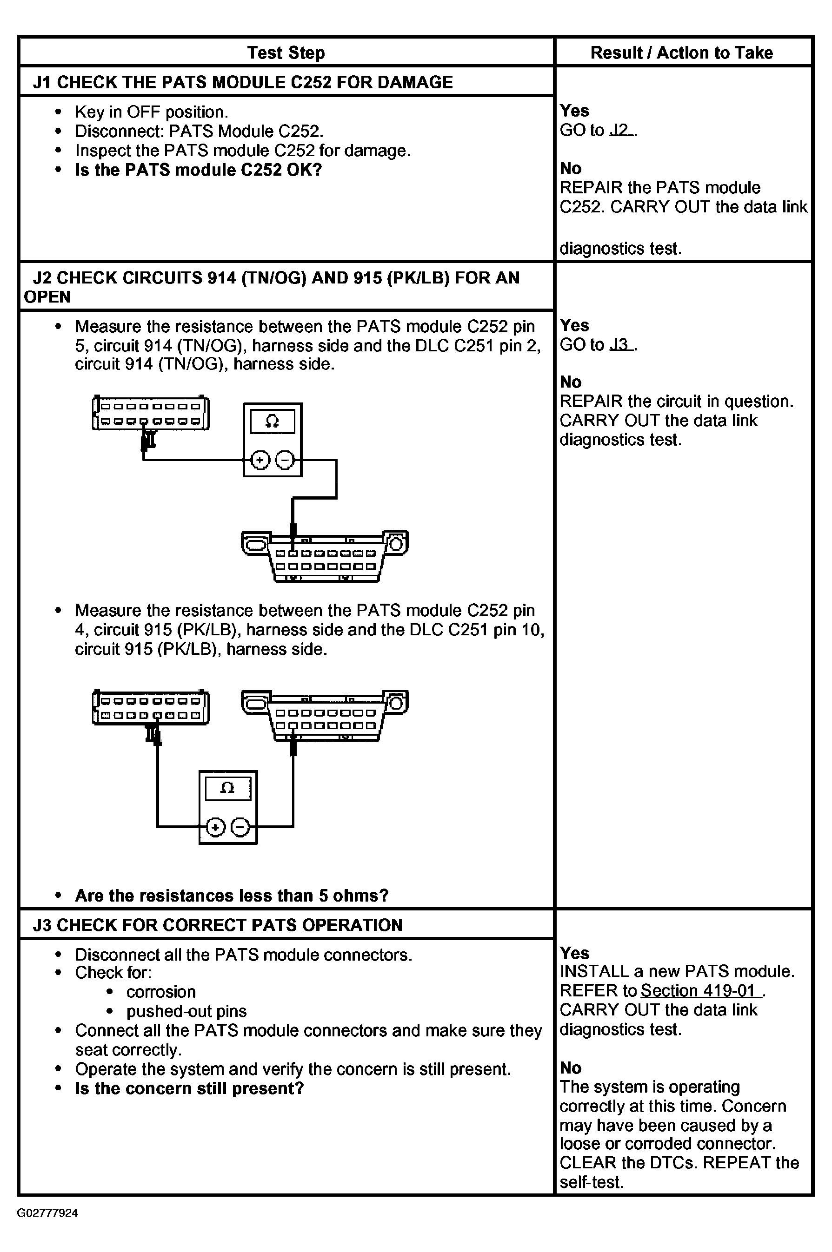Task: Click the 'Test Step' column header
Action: (286, 53)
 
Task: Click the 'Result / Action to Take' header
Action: (681, 53)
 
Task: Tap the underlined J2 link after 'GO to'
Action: (621, 130)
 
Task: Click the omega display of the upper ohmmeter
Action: (272, 421)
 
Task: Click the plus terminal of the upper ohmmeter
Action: (260, 460)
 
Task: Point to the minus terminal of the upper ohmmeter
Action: (285, 460)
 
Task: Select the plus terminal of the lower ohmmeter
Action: (215, 827)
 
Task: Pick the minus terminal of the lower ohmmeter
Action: (240, 827)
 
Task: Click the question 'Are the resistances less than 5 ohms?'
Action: (232, 896)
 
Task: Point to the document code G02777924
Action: (48, 1213)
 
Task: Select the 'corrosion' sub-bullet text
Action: (161, 992)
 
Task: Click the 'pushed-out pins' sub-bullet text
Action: (186, 1011)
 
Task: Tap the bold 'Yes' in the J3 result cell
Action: (574, 953)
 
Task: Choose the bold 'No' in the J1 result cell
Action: (571, 168)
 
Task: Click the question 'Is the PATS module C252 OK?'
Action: (199, 170)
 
